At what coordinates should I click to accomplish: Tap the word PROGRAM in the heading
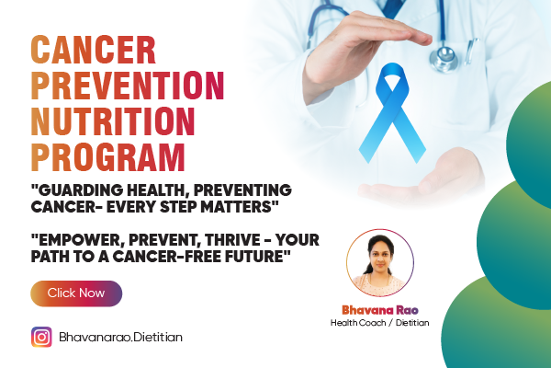click(107, 156)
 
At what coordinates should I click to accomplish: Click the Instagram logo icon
click(41, 337)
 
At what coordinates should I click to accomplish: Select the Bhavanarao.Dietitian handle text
click(120, 338)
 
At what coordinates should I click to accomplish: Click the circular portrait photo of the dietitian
click(381, 262)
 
